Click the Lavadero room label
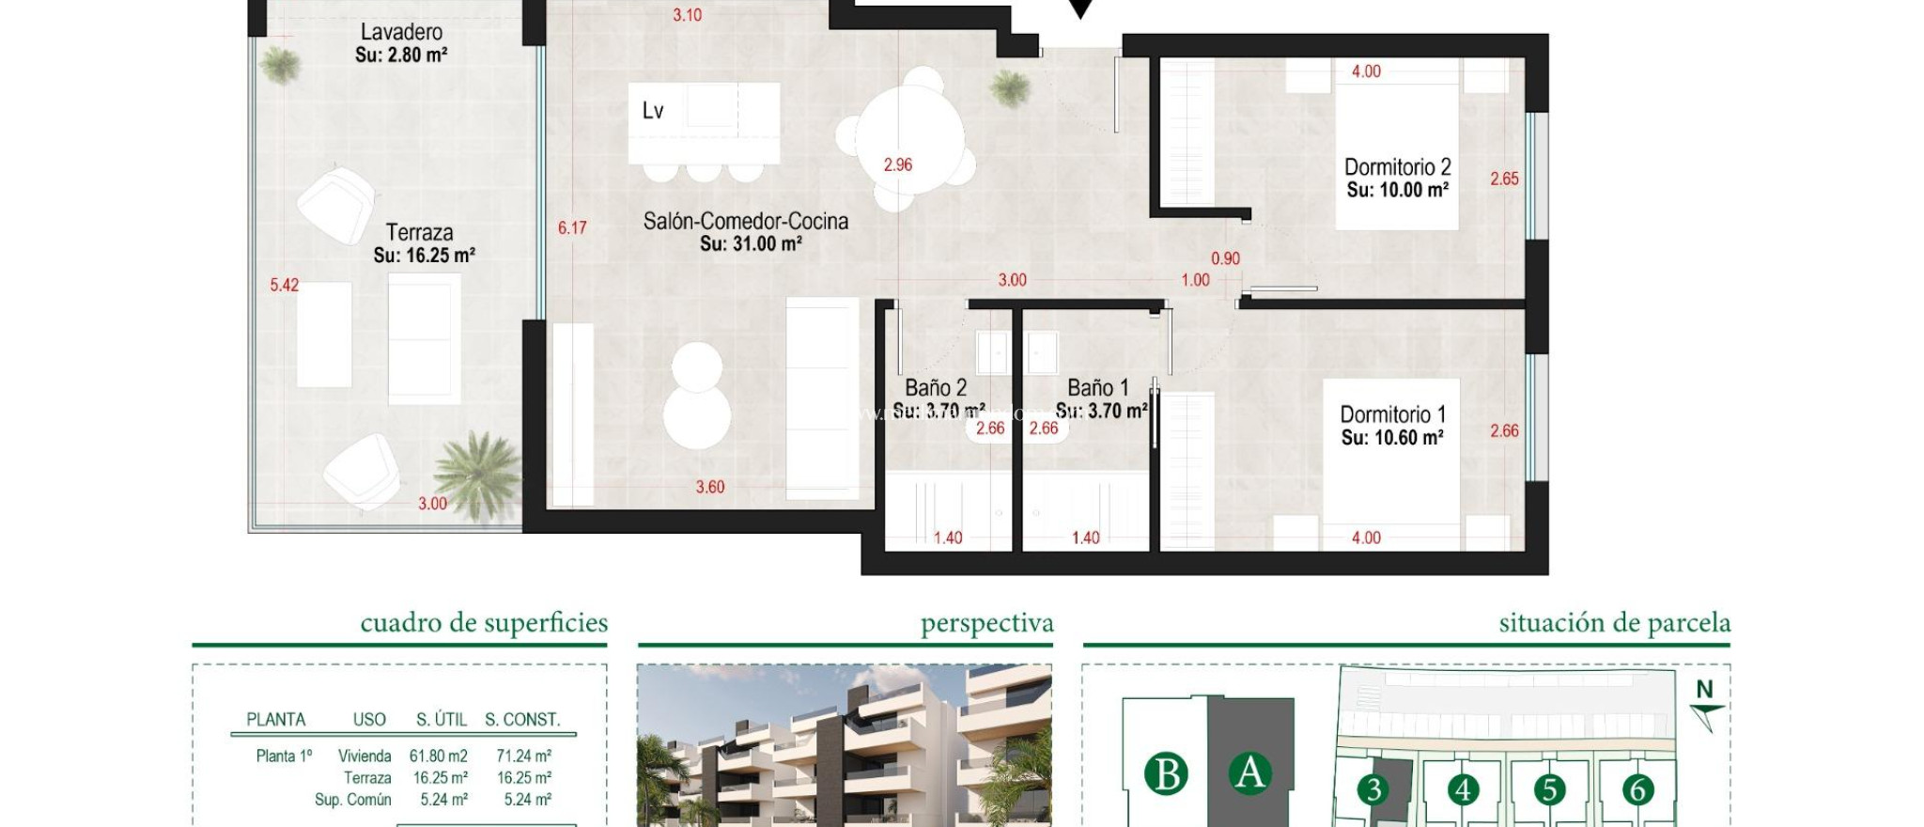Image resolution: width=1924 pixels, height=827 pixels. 401,32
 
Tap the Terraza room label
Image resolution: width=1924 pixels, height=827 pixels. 420,232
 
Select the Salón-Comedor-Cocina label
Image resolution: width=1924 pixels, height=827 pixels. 745,221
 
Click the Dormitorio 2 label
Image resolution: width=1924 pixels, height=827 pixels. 1397,167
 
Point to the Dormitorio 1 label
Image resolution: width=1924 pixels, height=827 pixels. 1392,414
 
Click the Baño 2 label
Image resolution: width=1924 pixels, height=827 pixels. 936,387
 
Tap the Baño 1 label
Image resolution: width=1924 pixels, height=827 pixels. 1097,387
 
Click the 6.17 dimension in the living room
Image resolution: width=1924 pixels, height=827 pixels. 572,227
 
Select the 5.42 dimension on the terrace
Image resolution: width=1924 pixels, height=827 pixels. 284,285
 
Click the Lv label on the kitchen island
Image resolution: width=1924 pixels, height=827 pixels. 653,111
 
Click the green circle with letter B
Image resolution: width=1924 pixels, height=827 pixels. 1166,774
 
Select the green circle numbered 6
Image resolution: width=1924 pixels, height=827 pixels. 1637,789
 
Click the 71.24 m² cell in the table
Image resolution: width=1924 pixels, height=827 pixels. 523,756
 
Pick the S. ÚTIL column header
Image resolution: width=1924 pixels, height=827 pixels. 442,719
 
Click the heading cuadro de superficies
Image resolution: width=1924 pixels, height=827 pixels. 484,622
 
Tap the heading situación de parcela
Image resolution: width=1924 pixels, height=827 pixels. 1614,622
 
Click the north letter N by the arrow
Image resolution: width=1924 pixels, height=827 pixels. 1704,689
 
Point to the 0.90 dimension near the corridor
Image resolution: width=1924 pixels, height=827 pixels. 1225,258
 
